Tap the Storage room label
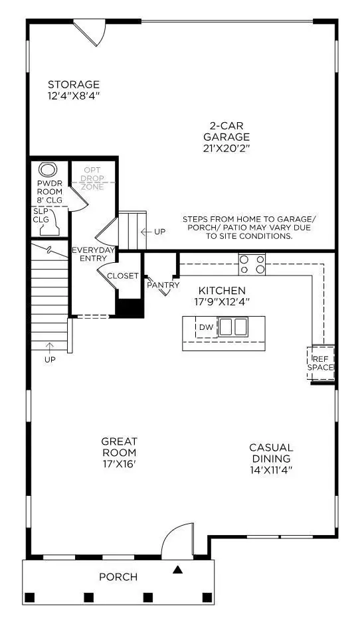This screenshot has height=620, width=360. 74,90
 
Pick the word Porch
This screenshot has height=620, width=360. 118,577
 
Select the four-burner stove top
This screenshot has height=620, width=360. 252,265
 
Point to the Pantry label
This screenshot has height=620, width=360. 163,285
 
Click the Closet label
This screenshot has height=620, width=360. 123,276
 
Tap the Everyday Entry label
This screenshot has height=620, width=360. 94,254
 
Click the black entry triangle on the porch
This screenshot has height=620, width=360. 177,569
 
